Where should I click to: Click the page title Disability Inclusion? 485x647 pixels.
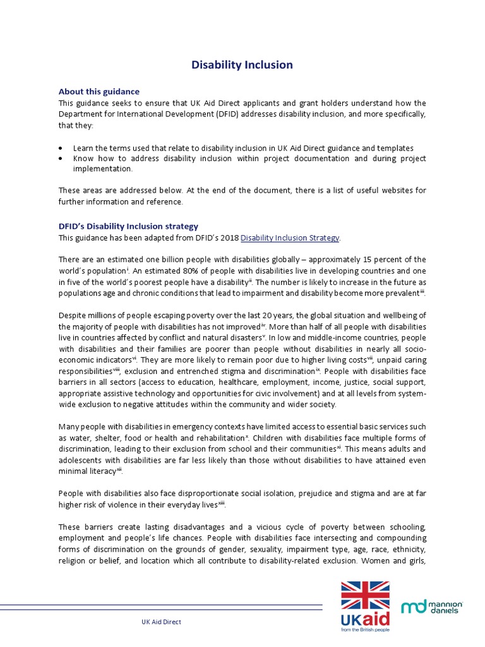242,65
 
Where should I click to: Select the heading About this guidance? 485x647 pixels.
99,92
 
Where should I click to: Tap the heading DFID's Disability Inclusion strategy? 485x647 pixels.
128,226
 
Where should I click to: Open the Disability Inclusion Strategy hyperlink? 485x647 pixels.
290,238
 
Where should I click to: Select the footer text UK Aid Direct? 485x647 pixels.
161,622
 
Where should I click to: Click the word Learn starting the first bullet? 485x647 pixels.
83,147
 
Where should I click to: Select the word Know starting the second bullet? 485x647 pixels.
83,159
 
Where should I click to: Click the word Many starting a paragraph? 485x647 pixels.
69,427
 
